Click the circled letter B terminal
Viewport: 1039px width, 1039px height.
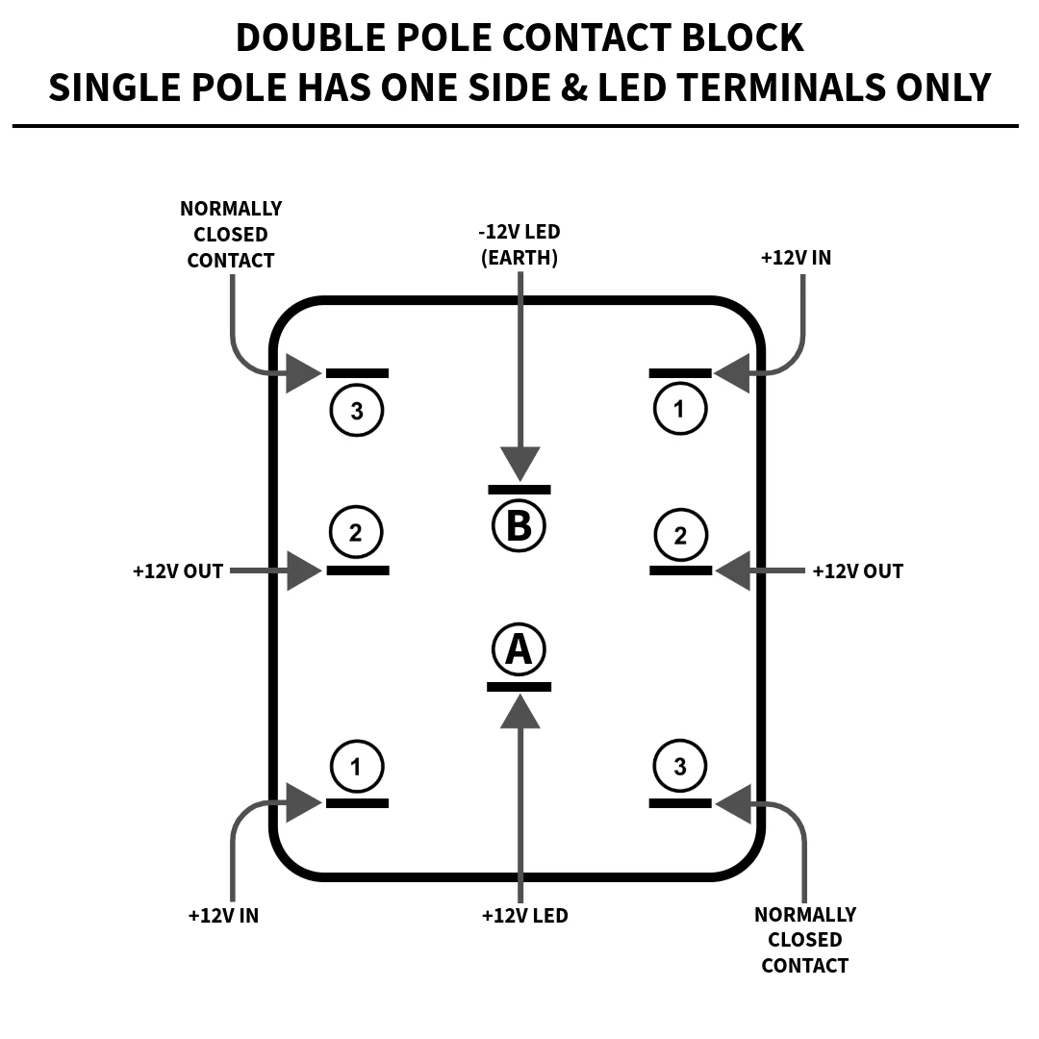[x=519, y=526]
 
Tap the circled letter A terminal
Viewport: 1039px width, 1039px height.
[x=519, y=649]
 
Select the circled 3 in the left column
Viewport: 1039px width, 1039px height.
[x=357, y=410]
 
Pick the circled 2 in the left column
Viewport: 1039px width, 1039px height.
[x=356, y=532]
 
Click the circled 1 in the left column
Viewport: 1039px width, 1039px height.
[x=356, y=767]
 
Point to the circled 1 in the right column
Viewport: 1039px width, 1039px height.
[x=680, y=408]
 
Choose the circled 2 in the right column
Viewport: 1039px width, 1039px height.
[x=680, y=536]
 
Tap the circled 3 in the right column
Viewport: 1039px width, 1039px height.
[x=680, y=766]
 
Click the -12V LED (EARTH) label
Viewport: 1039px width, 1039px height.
[x=519, y=244]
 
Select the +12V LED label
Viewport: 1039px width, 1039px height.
[x=525, y=915]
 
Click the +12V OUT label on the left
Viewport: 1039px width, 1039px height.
[x=178, y=571]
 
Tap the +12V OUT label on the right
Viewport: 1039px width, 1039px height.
[x=857, y=571]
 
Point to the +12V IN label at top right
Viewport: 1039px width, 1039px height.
[x=796, y=258]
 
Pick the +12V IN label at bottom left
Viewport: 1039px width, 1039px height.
[x=223, y=915]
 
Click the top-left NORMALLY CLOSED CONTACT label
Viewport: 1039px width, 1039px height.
[x=231, y=235]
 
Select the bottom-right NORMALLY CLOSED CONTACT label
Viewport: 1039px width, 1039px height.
[x=805, y=940]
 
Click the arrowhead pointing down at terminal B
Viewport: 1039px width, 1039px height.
[x=520, y=464]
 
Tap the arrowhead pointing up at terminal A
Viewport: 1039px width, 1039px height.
[x=520, y=711]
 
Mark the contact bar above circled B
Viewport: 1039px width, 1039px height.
[x=519, y=490]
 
